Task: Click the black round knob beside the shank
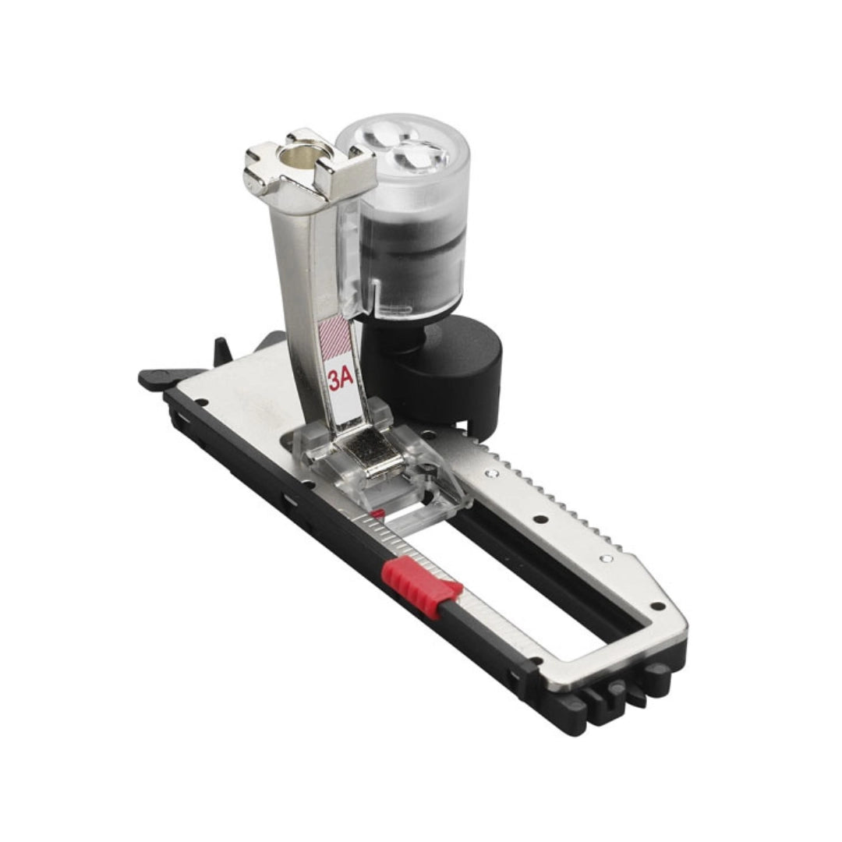[456, 364]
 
